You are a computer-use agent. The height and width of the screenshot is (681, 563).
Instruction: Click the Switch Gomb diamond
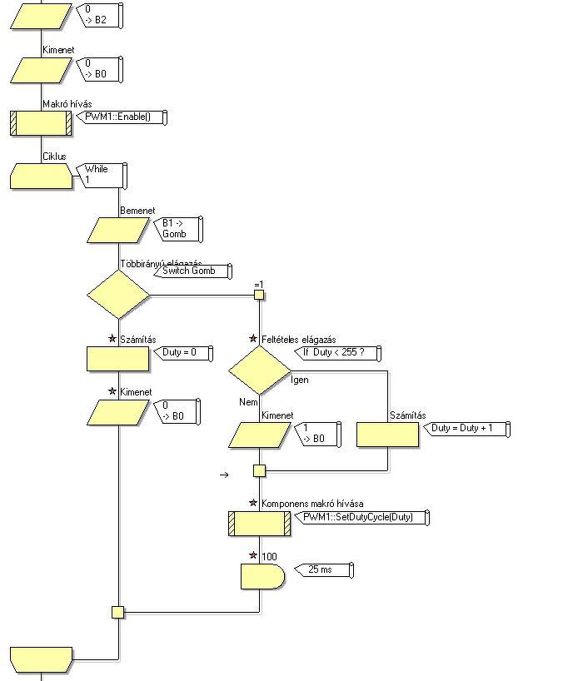coord(118,294)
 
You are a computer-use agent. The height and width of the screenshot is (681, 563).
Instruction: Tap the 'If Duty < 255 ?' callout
coord(338,353)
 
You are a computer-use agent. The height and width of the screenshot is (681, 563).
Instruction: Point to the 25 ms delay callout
coord(325,570)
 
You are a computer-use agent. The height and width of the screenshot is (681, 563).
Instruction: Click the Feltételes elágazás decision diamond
coord(259,370)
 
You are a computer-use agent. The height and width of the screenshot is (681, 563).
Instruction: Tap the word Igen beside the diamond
coord(299,380)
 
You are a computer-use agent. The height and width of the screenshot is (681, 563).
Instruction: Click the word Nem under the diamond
coord(249,401)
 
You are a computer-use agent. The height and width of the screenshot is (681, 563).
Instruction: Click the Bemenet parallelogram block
coord(118,231)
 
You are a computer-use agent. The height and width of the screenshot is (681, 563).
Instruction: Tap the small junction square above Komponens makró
coord(259,471)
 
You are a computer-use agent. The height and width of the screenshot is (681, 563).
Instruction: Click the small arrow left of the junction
coord(224,475)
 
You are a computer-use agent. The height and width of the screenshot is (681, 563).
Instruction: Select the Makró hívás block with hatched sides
coord(41,123)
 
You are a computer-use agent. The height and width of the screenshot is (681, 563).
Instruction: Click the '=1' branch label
coord(259,286)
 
